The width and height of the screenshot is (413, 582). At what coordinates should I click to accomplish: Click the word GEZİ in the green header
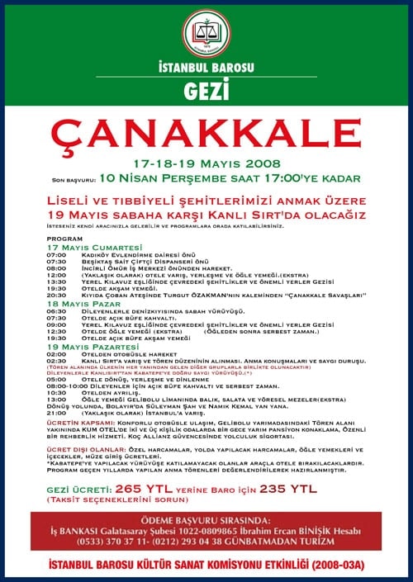(206, 88)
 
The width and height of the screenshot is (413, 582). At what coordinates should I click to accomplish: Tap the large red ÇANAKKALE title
(206, 135)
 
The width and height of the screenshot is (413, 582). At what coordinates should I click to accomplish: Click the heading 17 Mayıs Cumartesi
(83, 248)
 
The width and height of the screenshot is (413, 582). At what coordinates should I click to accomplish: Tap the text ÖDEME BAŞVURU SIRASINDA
(207, 518)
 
